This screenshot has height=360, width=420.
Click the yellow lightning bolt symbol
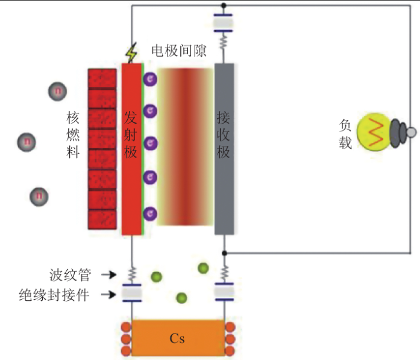click(131, 54)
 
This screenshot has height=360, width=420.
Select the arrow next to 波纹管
click(108, 275)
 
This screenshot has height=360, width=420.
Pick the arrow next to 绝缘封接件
click(108, 295)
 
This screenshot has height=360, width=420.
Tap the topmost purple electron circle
click(150, 78)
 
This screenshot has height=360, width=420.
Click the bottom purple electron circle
click(150, 213)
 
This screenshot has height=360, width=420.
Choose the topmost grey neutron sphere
click(58, 91)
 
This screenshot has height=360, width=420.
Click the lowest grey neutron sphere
click(39, 196)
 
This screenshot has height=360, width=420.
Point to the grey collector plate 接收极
click(224, 148)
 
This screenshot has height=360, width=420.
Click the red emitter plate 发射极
click(131, 148)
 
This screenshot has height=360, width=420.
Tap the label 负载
click(345, 134)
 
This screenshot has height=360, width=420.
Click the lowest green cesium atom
click(181, 297)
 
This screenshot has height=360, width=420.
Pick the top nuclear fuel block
click(102, 78)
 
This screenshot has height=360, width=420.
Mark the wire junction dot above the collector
click(224, 6)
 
